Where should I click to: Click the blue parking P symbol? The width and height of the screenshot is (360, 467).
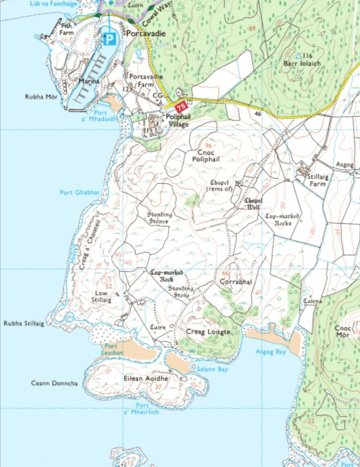pyautogui.click(x=110, y=39)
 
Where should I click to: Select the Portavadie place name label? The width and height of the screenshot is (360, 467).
pyautogui.click(x=146, y=34)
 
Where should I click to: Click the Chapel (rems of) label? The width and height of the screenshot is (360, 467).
pyautogui.click(x=221, y=186)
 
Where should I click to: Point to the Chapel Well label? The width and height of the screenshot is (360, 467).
pyautogui.click(x=253, y=204)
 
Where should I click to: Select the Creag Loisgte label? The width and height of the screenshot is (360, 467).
pyautogui.click(x=208, y=332)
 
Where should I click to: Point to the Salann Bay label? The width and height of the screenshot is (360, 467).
pyautogui.click(x=212, y=369)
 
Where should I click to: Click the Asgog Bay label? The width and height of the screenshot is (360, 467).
pyautogui.click(x=271, y=352)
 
